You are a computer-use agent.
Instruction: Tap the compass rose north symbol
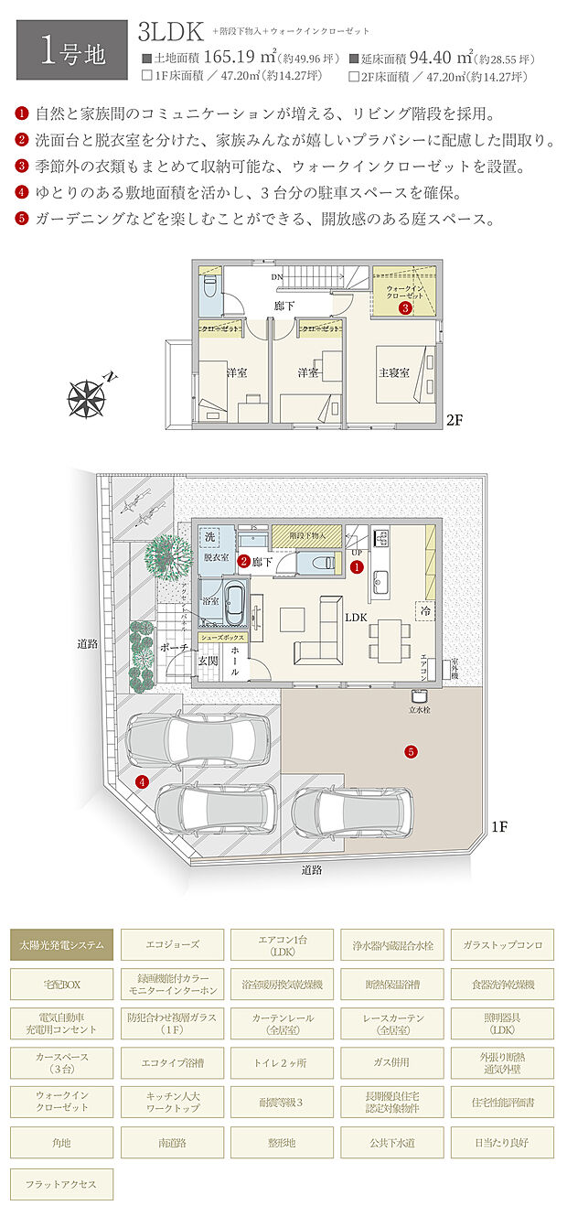(x=90, y=396)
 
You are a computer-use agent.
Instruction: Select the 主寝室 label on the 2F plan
(x=393, y=372)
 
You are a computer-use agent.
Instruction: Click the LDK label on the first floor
(x=356, y=618)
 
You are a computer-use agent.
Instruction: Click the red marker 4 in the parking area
(x=141, y=781)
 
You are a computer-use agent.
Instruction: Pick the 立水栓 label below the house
(x=421, y=709)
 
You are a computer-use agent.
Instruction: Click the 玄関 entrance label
(x=209, y=661)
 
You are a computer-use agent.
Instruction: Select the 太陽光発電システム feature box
(x=62, y=944)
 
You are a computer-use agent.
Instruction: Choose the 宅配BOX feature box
(x=62, y=984)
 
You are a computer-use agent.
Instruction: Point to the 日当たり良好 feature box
(x=501, y=1142)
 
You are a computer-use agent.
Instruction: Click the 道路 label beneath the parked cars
(x=312, y=870)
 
